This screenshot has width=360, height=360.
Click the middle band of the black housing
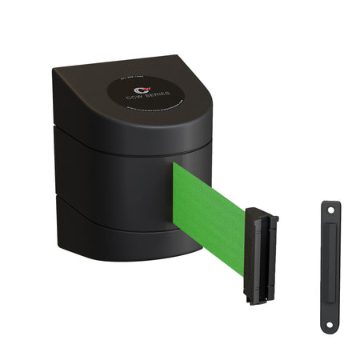coord(120,172)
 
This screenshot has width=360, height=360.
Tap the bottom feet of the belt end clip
coord(257,299)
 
